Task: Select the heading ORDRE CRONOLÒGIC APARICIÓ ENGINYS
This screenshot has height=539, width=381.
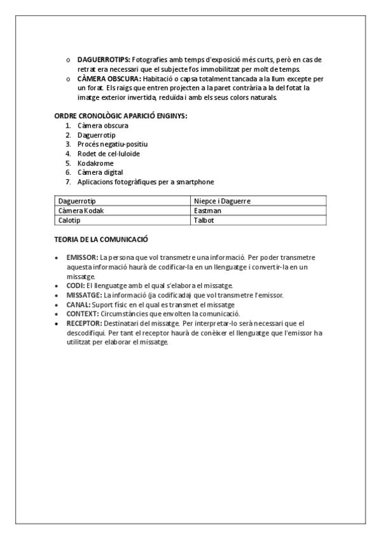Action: [120, 116]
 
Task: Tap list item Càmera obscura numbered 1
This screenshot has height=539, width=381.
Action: [102, 126]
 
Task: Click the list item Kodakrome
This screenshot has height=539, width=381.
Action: [95, 163]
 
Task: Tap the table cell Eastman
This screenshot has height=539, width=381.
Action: [205, 210]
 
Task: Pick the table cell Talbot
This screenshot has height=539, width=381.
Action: [204, 220]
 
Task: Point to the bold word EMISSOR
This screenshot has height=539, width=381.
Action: [82, 257]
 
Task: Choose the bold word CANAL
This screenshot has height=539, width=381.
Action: [78, 304]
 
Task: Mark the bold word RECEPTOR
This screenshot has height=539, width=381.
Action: [83, 324]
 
